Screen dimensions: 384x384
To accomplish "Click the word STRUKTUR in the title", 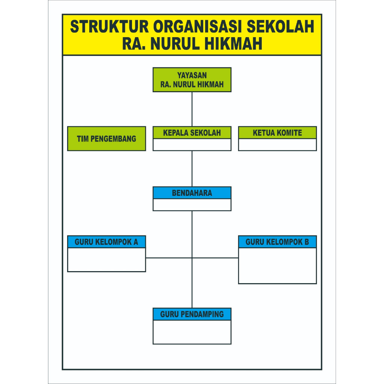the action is point(109,27).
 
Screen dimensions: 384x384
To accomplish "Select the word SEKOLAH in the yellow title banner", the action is point(280,27).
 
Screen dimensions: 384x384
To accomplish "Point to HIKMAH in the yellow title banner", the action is point(233,43).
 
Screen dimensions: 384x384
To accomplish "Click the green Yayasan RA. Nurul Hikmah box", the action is point(192,80).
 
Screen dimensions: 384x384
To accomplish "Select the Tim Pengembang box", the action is point(106,139).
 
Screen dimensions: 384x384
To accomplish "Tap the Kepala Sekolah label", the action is point(192,133).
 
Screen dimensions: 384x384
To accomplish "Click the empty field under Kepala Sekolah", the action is point(192,145).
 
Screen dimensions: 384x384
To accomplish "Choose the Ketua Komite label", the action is point(277,133).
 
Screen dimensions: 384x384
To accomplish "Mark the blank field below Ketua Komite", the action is point(277,145).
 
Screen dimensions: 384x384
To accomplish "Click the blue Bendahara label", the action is point(192,193).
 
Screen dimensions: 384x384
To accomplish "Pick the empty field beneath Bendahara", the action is point(192,205).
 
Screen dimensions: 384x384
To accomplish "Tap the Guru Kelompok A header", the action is point(106,242).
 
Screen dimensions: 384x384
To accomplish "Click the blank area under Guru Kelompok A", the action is point(106,260).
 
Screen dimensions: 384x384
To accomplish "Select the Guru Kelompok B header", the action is point(277,242).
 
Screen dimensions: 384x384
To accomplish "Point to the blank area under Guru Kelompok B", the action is point(277,266).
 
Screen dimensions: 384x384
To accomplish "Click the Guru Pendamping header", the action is point(192,314).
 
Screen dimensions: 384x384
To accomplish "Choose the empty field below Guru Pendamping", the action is point(192,332).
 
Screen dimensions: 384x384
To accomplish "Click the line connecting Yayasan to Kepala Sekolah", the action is point(192,109).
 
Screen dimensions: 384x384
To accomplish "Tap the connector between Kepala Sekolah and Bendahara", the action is point(192,169).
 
